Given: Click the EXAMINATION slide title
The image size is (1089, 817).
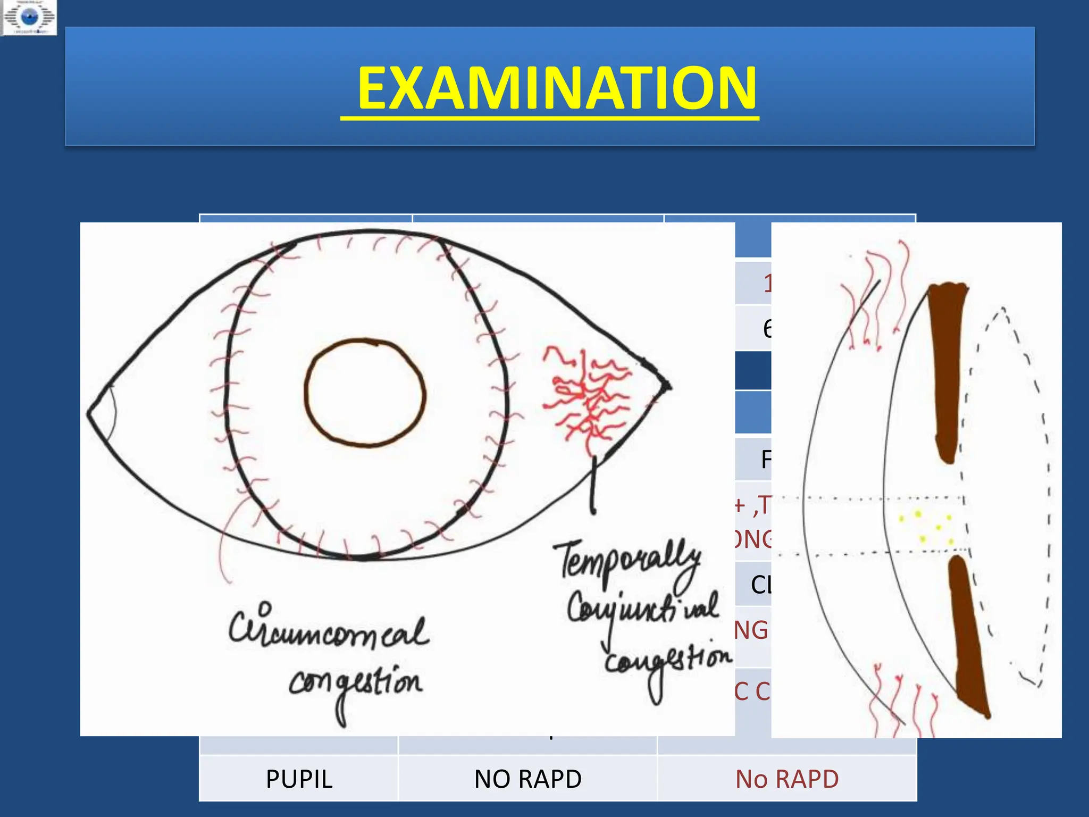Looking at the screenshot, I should pos(556,88).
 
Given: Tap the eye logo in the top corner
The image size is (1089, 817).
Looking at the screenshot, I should pos(29,18).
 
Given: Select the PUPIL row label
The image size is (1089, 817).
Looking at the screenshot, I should pos(299,779).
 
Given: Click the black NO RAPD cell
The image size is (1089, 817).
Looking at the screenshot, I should pos(527,779).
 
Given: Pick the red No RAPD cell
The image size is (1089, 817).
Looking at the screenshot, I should pos(787,779).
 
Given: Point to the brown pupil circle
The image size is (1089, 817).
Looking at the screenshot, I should pos(365,393).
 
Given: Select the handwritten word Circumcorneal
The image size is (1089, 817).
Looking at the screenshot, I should pos(329,630).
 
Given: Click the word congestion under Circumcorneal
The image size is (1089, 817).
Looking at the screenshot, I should pos(355,683).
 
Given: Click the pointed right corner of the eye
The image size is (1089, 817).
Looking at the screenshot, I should pos(668,386).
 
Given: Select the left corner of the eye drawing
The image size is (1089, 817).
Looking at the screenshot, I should pos(90,412).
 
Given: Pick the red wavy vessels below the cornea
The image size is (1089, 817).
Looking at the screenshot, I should pos(904,702).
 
